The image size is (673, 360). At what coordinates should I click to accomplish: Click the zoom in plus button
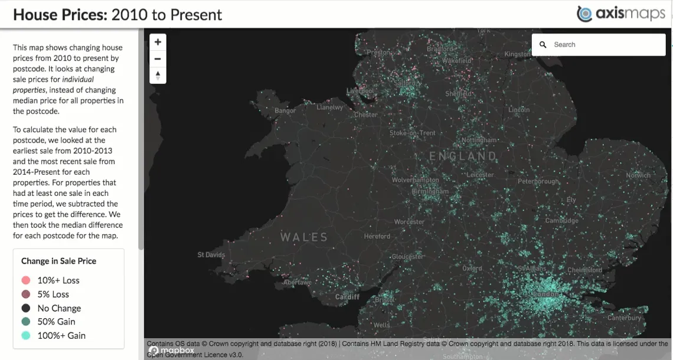[158, 42]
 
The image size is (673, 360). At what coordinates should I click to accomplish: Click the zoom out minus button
[158, 59]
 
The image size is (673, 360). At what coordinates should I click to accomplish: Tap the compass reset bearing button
[158, 76]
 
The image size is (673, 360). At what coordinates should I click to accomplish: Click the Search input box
[605, 45]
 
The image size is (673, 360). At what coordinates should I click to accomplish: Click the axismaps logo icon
[584, 14]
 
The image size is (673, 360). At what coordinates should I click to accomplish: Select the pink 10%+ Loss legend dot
[25, 280]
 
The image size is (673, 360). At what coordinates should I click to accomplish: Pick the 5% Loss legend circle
[25, 294]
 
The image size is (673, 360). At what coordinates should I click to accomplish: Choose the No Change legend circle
[25, 308]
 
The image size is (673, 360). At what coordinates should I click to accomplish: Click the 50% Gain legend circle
[25, 322]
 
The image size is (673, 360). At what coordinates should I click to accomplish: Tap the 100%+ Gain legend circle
[25, 335]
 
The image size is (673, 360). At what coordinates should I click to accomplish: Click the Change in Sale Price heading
[58, 261]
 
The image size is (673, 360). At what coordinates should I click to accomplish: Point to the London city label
[545, 294]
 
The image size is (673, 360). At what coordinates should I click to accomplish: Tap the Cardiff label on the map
[348, 297]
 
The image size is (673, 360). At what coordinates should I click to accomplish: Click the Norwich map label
[638, 175]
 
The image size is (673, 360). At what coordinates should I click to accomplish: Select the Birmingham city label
[430, 192]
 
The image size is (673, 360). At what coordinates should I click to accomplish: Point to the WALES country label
[304, 237]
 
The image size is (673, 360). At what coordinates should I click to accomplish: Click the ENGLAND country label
[463, 156]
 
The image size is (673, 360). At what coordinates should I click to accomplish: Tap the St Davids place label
[211, 255]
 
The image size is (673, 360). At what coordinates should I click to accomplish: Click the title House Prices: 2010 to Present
[117, 14]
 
